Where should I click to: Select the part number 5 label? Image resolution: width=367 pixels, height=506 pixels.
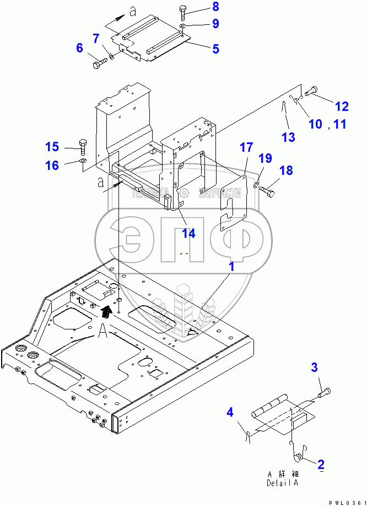click(215, 49)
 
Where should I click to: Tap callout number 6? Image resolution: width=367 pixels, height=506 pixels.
click(79, 48)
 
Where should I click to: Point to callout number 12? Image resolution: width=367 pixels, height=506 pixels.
click(342, 106)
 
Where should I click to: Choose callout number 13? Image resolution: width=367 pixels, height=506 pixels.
click(288, 136)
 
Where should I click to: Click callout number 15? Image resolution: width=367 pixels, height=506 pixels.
click(52, 147)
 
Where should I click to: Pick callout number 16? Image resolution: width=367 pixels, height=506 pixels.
click(52, 165)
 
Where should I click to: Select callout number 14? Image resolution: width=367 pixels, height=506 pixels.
click(188, 233)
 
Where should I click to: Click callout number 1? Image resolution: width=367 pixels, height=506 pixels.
click(231, 267)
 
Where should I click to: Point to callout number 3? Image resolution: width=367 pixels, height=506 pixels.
click(315, 367)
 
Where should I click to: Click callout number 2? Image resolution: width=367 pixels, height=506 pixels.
click(320, 464)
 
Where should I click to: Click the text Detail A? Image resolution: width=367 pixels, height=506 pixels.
click(283, 483)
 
